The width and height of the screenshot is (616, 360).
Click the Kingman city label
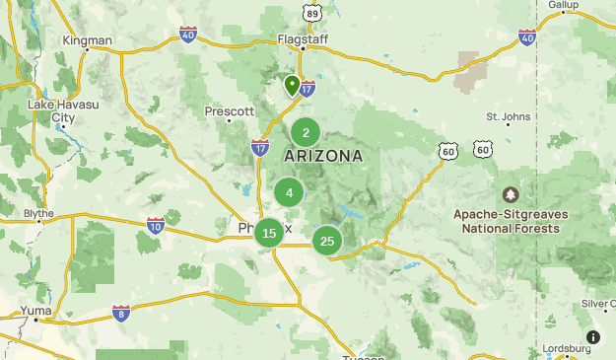coord(88,40)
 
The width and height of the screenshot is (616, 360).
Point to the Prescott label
coord(230,111)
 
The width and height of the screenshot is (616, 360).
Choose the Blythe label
coord(38,213)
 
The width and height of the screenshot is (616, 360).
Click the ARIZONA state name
coord(323,156)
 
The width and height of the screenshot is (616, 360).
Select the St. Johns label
coord(509,116)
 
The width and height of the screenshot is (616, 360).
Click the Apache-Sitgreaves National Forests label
coord(507,221)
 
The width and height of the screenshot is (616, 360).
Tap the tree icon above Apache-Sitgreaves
coord(511,194)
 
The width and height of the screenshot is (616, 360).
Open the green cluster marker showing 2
coord(306,133)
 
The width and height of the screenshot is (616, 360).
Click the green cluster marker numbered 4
coord(289,192)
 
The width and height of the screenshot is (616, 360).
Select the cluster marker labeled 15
coord(269,234)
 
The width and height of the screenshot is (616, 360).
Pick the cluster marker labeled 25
coord(327,241)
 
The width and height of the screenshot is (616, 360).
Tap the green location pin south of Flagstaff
coord(292,85)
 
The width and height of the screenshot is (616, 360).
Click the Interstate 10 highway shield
coord(155,226)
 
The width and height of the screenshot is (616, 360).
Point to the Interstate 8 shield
coord(121,313)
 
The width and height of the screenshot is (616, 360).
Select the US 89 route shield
coord(312,11)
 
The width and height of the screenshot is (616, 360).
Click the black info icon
coord(592,337)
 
